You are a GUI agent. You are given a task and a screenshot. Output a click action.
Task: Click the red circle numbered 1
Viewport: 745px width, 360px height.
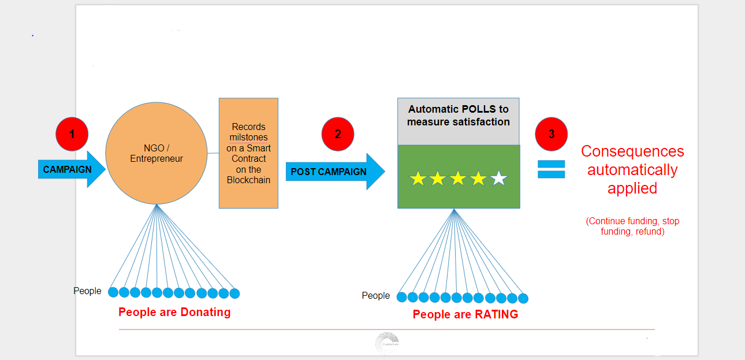coord(72,134)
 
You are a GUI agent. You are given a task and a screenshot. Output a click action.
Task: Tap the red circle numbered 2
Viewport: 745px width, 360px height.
coord(338,134)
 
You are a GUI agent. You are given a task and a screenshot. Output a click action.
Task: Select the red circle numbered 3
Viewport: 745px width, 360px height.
coord(552,134)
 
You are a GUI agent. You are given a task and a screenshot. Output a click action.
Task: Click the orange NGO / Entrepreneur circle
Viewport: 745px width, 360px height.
coord(156,153)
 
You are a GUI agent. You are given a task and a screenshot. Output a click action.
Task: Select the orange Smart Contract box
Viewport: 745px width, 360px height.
coord(248,153)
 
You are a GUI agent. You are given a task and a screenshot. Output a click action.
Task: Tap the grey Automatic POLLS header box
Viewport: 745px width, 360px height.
coord(459,121)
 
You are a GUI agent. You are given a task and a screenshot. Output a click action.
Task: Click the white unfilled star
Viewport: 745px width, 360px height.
coord(498,179)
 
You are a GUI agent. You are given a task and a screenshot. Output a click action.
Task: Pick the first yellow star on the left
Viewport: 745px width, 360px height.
coord(418,179)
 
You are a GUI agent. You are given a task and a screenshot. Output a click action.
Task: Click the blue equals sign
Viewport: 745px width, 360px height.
coord(550,169)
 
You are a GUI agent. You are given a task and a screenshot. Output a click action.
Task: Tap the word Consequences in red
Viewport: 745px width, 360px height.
coord(632,151)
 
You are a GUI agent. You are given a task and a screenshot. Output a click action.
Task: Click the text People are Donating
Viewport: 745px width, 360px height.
coord(174,313)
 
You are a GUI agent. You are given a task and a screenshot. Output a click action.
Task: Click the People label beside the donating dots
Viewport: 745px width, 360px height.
coord(87,291)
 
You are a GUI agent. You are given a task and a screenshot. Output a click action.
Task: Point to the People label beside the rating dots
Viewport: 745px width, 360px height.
coord(376,296)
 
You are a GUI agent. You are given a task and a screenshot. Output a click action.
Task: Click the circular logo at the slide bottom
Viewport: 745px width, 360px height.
coord(387,343)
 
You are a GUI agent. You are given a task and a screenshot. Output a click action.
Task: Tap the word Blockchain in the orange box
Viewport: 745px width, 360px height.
coord(248,180)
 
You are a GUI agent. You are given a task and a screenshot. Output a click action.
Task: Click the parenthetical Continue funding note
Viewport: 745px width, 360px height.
coord(632,227)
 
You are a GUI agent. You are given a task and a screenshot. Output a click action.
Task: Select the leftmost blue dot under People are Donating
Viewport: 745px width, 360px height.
coord(113,293)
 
